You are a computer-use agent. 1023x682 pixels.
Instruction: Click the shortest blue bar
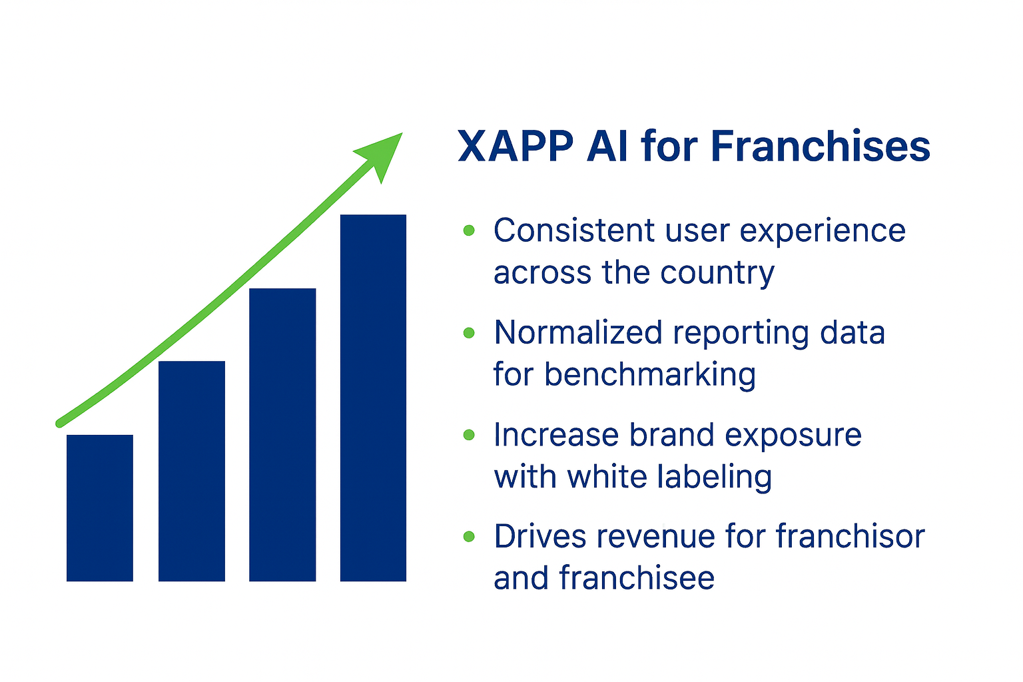(x=99, y=508)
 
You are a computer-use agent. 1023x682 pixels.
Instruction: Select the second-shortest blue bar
(x=192, y=471)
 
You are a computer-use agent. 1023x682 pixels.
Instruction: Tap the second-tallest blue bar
(x=282, y=435)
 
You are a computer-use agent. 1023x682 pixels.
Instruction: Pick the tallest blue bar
(x=373, y=398)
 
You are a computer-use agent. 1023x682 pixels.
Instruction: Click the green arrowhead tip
(x=402, y=133)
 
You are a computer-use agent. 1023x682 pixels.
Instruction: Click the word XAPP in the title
(x=515, y=147)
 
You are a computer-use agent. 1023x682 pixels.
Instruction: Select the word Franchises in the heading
(x=821, y=146)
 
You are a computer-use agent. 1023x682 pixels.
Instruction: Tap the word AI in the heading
(x=607, y=147)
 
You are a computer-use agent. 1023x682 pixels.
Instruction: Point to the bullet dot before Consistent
(x=469, y=230)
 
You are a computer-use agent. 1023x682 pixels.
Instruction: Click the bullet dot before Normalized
(x=469, y=332)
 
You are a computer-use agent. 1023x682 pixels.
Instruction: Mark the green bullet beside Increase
(x=469, y=434)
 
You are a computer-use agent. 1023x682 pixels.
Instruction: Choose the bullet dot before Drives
(x=469, y=536)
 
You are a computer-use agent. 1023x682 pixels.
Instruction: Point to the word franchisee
(x=637, y=578)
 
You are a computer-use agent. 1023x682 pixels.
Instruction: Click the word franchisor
(x=851, y=536)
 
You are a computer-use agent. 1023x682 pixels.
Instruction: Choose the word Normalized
(x=578, y=332)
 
